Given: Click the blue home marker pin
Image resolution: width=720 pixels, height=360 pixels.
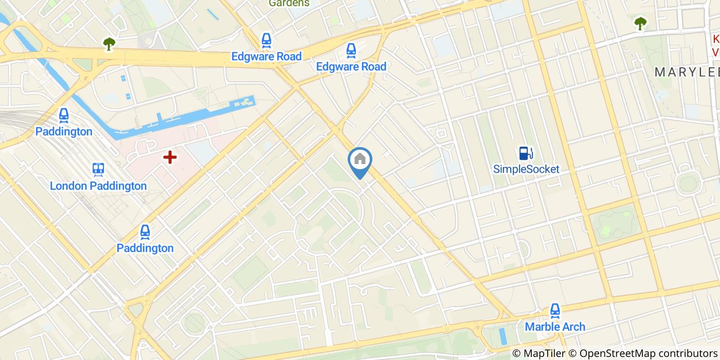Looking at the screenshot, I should (360, 160).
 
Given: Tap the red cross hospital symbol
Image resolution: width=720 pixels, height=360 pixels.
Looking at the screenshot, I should (170, 157).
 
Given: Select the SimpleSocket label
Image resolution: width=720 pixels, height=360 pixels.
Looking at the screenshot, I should (526, 169).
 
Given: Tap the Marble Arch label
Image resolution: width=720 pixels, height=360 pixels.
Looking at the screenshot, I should (554, 327).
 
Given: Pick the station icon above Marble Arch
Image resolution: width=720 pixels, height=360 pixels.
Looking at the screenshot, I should (554, 310).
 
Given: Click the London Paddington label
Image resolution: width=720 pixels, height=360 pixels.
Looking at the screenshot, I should (98, 186).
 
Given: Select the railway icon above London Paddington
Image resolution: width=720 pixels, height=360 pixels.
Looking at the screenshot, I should (98, 169).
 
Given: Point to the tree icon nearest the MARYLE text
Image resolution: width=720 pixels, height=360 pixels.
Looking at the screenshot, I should (640, 23).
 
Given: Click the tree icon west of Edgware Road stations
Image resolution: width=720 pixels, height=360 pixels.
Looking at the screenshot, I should (109, 44).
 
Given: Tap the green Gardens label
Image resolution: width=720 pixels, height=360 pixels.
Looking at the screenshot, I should (289, 3).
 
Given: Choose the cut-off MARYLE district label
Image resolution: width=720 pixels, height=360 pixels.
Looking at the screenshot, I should (687, 73).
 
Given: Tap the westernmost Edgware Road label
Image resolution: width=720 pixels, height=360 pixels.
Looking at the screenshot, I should (266, 56).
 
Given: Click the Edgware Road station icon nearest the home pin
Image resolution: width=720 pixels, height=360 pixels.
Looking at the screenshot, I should (351, 50).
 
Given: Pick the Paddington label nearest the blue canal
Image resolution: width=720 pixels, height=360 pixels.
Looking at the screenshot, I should (64, 131).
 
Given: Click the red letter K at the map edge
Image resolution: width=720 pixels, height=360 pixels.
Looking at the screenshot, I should (715, 39).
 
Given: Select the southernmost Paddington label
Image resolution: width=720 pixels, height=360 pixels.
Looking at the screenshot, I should (145, 248).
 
